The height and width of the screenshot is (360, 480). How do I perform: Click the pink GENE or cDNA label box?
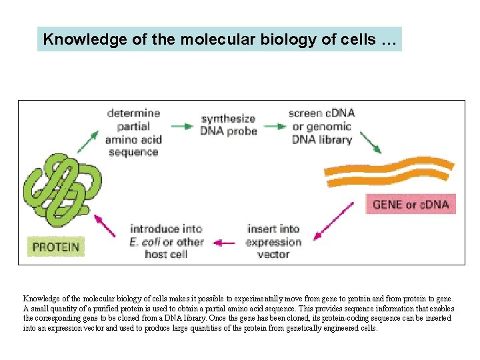pyautogui.click(x=411, y=203)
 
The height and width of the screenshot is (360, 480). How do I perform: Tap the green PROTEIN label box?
pyautogui.click(x=56, y=247)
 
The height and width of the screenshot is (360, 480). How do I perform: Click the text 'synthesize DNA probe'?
pyautogui.click(x=229, y=125)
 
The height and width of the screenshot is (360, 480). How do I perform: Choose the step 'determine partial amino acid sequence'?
pyautogui.click(x=133, y=132)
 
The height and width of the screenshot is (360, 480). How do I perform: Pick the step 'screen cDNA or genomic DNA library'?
pyautogui.click(x=321, y=126)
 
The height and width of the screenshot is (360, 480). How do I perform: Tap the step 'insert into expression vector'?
pyautogui.click(x=273, y=241)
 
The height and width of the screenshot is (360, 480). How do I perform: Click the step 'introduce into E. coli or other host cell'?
pyautogui.click(x=166, y=241)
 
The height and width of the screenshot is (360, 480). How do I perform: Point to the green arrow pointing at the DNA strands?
pyautogui.click(x=370, y=143)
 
